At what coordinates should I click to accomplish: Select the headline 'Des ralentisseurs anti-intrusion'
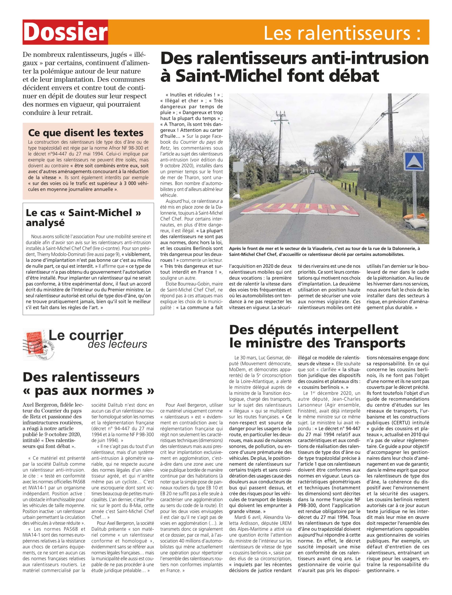coord(294,58)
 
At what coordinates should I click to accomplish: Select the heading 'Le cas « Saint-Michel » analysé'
coord(83,218)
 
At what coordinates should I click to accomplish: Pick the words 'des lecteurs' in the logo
coord(117,344)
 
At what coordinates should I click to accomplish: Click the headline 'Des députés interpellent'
coord(313,330)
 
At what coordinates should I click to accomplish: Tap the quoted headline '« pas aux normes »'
coord(89,390)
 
